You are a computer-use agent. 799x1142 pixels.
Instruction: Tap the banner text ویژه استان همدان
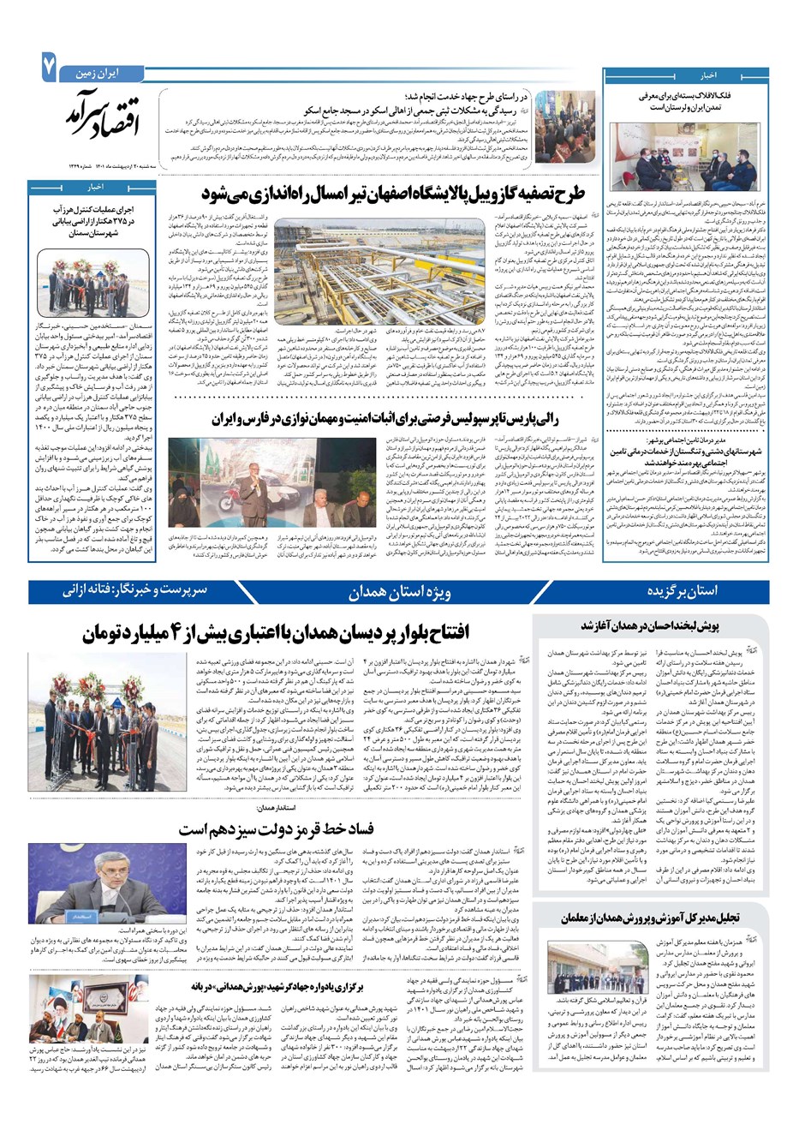click(400, 592)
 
